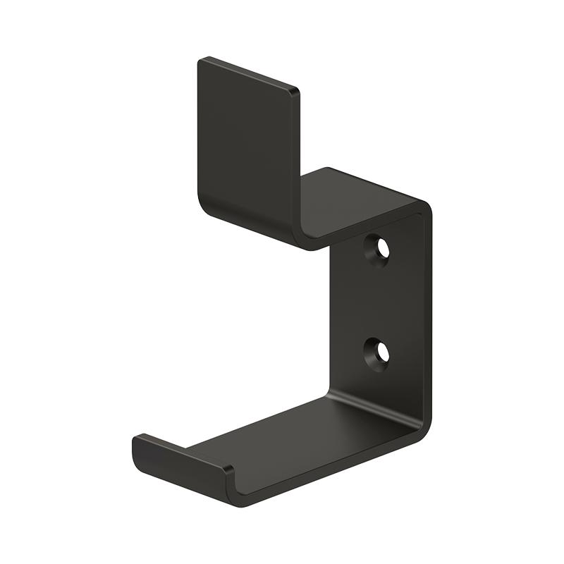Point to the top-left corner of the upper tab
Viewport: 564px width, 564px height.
coord(200,60)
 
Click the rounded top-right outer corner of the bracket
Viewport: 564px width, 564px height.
coord(425,206)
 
